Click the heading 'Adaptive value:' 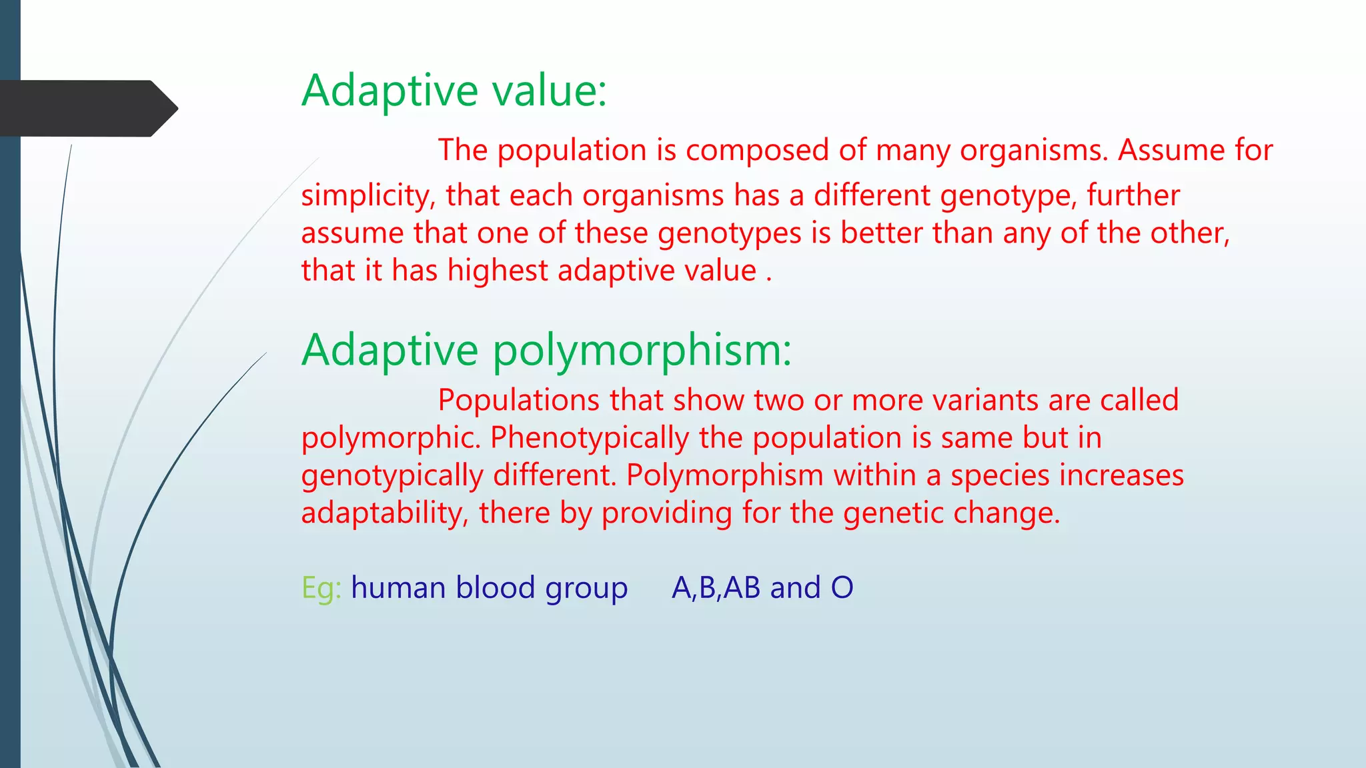click(454, 91)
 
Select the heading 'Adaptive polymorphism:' click(546, 350)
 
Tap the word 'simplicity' click(368, 196)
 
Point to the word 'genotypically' click(392, 476)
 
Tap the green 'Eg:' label click(321, 588)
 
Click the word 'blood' click(495, 588)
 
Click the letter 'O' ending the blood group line click(842, 588)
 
